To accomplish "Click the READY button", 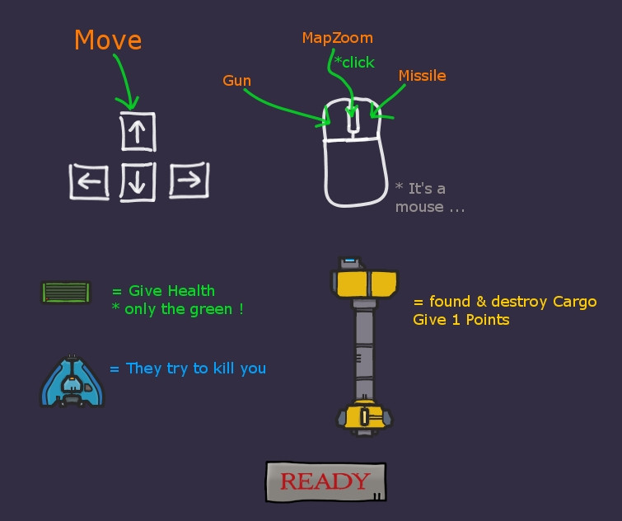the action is (x=325, y=481).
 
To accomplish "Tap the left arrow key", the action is (x=89, y=181).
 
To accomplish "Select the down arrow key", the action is (x=138, y=182).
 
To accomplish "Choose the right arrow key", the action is (x=189, y=180).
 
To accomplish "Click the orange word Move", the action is (x=108, y=40).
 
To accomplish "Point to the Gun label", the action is (x=236, y=81).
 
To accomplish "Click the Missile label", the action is (x=422, y=75).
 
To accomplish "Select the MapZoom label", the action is (x=338, y=38).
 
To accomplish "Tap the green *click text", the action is (x=354, y=63).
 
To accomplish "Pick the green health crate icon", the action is (x=66, y=293).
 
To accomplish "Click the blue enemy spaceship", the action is (x=72, y=381).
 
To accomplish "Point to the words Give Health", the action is (x=171, y=291).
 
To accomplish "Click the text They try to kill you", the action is (x=195, y=368).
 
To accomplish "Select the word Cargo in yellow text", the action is (x=575, y=303).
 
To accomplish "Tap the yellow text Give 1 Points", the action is (x=461, y=320).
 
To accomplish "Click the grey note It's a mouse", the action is (x=429, y=198).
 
